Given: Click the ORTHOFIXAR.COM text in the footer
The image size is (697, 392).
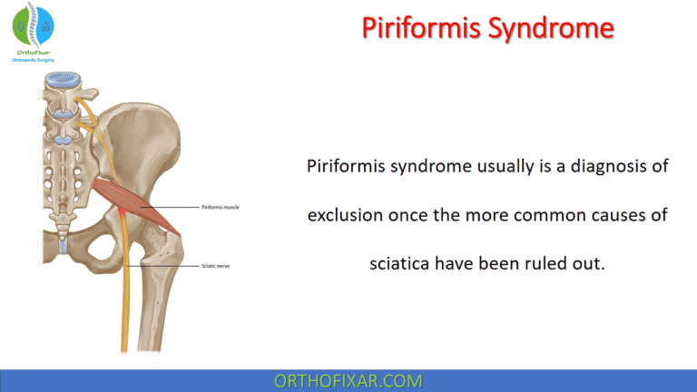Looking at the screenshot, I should (x=348, y=380).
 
